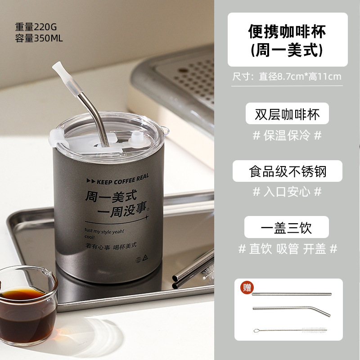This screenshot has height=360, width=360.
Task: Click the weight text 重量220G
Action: click(x=36, y=27)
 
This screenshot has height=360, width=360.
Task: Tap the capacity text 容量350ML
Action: click(x=39, y=38)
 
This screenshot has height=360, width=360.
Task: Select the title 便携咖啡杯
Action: click(x=287, y=31)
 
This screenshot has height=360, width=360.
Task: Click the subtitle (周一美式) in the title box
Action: click(x=287, y=50)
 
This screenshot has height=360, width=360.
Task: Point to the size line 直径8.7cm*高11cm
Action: click(x=300, y=76)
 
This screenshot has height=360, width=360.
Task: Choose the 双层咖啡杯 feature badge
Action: click(x=287, y=114)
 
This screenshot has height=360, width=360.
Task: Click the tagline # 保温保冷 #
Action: click(x=287, y=135)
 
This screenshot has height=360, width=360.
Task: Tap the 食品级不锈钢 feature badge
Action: click(x=288, y=171)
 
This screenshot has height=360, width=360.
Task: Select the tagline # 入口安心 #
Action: click(x=287, y=192)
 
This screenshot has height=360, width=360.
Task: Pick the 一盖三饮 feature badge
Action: click(x=287, y=227)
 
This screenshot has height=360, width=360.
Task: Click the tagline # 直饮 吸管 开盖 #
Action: click(x=288, y=249)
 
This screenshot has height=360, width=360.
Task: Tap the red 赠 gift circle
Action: click(x=247, y=288)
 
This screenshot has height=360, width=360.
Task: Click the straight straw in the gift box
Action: click(x=292, y=294)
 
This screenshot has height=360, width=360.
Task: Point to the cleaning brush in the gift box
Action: click(x=290, y=330)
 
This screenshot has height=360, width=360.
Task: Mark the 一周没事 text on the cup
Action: click(x=123, y=210)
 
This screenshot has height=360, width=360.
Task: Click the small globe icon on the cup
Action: click(x=138, y=260)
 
